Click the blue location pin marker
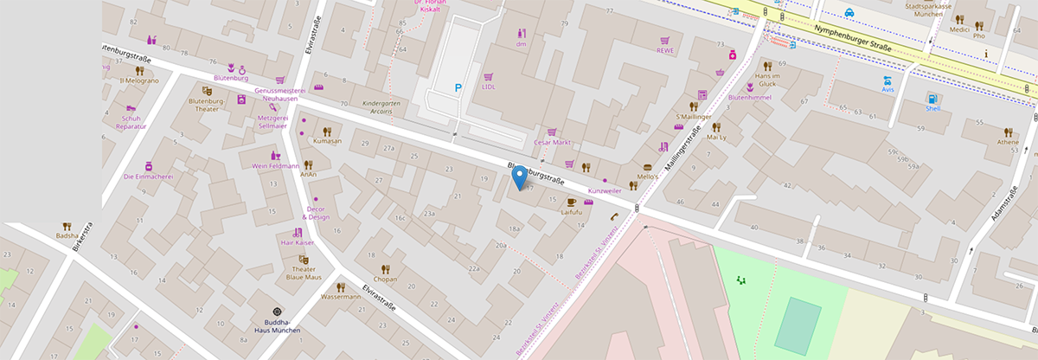519,177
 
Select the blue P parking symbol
458,87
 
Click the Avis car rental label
887,89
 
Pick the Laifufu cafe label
572,211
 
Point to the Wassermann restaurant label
340,297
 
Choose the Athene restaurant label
1008,142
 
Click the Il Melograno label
139,80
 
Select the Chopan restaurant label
385,280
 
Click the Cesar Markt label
554,142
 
